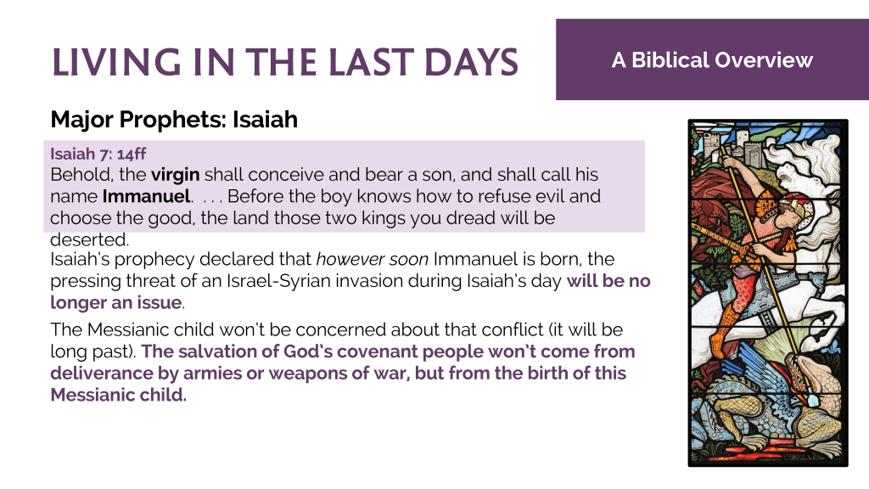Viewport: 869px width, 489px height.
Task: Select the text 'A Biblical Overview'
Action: [712, 60]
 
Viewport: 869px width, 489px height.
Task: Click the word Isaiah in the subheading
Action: [265, 119]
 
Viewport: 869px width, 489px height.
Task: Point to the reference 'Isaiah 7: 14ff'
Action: [98, 154]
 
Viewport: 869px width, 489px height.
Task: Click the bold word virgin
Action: [175, 175]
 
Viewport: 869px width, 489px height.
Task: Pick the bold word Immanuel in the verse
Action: [146, 196]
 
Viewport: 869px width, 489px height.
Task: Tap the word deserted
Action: [89, 239]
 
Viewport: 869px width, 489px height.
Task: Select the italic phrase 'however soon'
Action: [372, 259]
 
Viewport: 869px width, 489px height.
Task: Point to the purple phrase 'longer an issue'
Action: [116, 303]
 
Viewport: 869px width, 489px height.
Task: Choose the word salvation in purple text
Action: [217, 351]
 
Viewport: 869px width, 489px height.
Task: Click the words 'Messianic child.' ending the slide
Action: [119, 395]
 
